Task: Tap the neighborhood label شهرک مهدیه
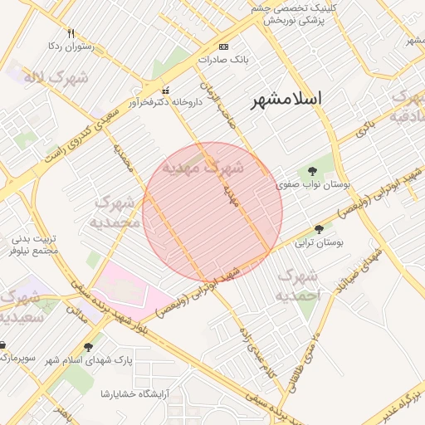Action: [203, 167]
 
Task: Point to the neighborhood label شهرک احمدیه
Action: [296, 285]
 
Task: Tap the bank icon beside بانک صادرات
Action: [222, 46]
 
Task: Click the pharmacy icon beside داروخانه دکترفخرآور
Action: [165, 90]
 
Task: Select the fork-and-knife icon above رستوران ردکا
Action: [71, 33]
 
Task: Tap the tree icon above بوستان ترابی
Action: [319, 229]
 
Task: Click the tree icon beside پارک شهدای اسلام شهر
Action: [89, 347]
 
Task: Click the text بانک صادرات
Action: [223, 60]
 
